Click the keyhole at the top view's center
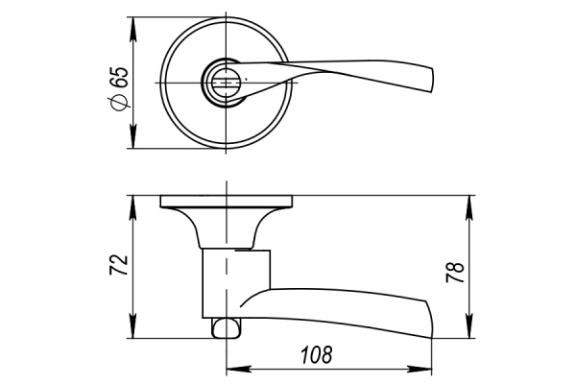(226, 84)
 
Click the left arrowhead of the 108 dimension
(230, 369)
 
